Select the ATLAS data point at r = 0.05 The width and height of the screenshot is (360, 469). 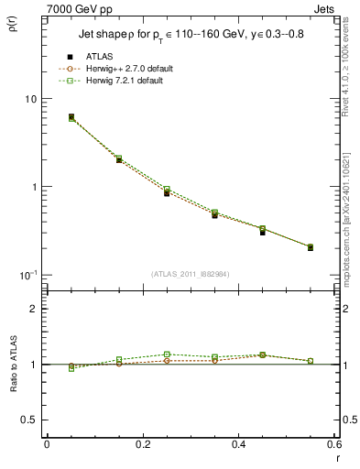pyautogui.click(x=71, y=117)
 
